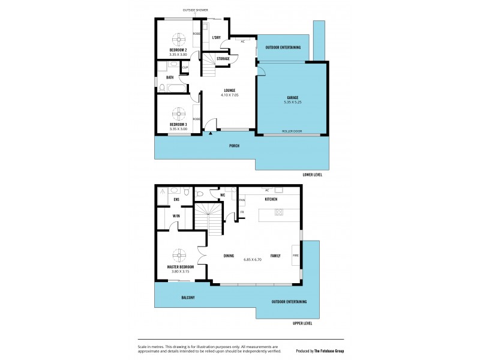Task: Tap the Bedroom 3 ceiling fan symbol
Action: [x=178, y=113]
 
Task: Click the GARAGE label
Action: [x=292, y=98]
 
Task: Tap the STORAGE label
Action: [x=223, y=58]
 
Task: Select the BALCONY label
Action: [x=187, y=297]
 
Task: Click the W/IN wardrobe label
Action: [x=176, y=216]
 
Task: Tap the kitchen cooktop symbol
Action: [x=279, y=212]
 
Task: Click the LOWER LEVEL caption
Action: [x=313, y=175]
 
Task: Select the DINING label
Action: [x=229, y=256]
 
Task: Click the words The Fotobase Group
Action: [x=334, y=351]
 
